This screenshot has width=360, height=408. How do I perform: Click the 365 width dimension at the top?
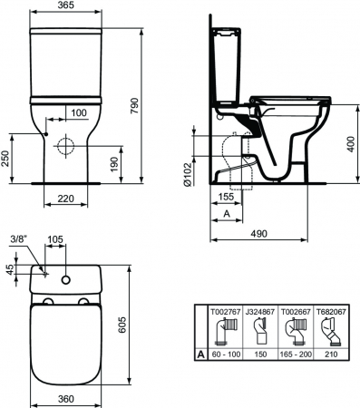click(65, 5)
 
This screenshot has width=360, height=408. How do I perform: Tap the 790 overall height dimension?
click(134, 105)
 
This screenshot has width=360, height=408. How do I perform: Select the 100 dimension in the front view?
click(79, 113)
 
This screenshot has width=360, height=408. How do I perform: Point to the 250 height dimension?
click(5, 159)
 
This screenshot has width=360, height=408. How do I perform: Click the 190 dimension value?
click(114, 164)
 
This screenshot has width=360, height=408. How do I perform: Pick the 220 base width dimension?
click(65, 199)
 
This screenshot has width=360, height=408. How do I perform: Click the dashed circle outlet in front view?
click(65, 146)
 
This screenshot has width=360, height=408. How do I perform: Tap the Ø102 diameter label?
click(188, 174)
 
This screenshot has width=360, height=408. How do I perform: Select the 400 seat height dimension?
click(351, 144)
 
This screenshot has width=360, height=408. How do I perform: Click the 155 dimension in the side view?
click(226, 197)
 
